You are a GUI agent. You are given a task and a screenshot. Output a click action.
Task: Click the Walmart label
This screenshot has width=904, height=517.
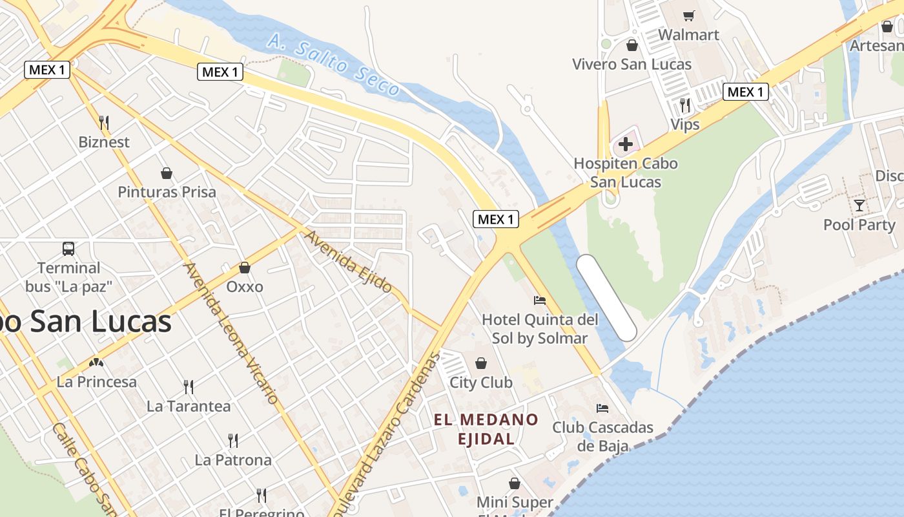pos(688,34)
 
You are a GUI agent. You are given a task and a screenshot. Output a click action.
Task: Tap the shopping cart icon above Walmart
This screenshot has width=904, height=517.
pos(689,16)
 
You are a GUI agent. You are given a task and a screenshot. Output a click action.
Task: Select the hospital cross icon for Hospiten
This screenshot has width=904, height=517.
pos(625,144)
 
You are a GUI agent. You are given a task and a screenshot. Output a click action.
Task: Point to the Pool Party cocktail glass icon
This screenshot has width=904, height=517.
pos(859,206)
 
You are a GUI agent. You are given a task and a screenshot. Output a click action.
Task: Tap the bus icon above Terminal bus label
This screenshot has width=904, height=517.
pos(68,249)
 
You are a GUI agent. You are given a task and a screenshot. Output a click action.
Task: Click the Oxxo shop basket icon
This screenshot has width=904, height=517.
pos(245,268)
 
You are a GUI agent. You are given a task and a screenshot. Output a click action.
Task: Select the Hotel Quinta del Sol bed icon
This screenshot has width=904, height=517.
pos(540,301)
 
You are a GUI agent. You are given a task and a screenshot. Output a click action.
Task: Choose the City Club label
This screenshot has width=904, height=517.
pos(481,383)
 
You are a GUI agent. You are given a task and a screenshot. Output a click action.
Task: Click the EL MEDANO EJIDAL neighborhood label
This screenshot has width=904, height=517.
pos(486,429)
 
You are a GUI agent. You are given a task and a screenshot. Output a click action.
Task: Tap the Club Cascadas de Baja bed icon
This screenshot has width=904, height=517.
pos(602,408)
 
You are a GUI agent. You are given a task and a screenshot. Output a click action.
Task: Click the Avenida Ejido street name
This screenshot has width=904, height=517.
pos(349,260)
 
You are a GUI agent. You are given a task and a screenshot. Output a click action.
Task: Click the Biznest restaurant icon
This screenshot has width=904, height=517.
pos(104,123)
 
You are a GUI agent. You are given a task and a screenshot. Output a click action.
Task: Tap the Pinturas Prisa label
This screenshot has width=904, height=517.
pos(167,192)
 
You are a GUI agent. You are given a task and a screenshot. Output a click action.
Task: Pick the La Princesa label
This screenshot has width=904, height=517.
pos(97,382)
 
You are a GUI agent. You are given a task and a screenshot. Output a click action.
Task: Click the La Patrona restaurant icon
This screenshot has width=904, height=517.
pos(233,441)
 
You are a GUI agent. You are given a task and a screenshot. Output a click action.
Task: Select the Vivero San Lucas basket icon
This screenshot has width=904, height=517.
pos(632,45)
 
